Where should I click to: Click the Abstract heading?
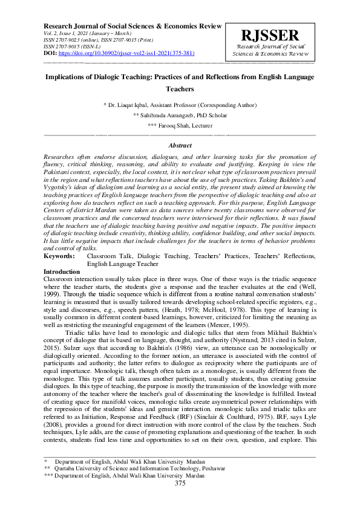click(x=180, y=146)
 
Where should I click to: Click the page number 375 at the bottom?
click(x=180, y=500)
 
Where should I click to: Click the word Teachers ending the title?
click(x=180, y=89)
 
